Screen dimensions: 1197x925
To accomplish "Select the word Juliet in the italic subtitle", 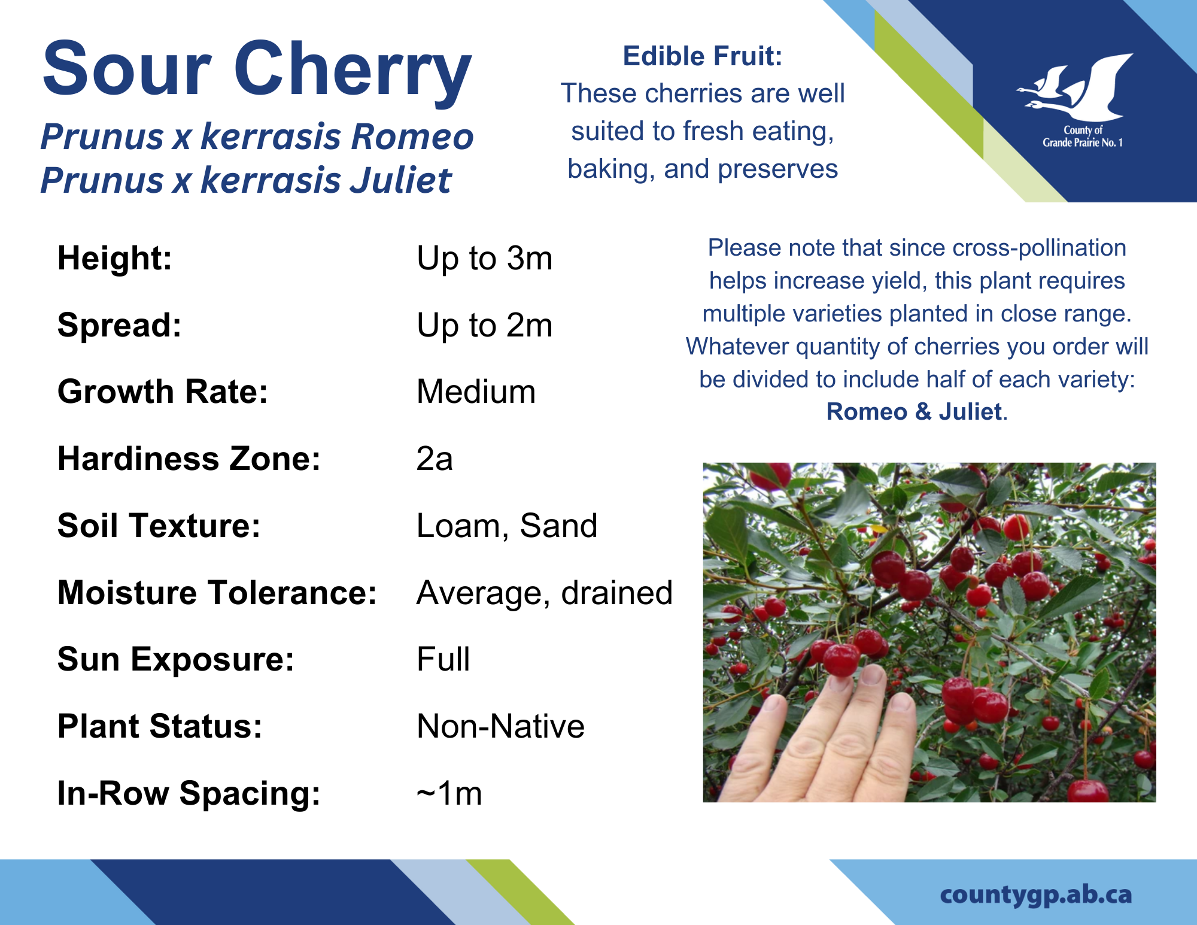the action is (x=400, y=180).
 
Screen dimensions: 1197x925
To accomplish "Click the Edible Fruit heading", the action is (x=703, y=56).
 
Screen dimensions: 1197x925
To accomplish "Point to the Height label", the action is (x=115, y=259).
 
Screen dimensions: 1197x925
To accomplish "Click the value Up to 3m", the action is (x=484, y=259).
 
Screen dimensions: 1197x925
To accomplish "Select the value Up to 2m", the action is (x=484, y=326).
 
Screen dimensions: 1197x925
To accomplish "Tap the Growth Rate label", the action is (x=163, y=392).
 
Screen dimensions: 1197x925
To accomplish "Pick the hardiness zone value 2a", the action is (x=435, y=459).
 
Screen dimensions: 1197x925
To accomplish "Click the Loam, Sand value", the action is (x=507, y=526).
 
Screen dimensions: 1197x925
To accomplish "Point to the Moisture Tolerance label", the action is (x=217, y=593).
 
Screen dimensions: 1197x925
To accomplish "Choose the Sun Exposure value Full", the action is (x=443, y=660).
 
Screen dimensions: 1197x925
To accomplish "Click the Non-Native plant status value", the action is (x=500, y=727).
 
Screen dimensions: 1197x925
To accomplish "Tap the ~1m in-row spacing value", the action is (x=449, y=794).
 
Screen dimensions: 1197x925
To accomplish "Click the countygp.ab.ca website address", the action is (x=1036, y=895).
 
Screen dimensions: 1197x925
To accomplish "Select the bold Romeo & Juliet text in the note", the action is (x=914, y=412).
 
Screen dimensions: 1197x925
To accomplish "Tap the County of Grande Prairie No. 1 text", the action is (x=1083, y=137).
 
